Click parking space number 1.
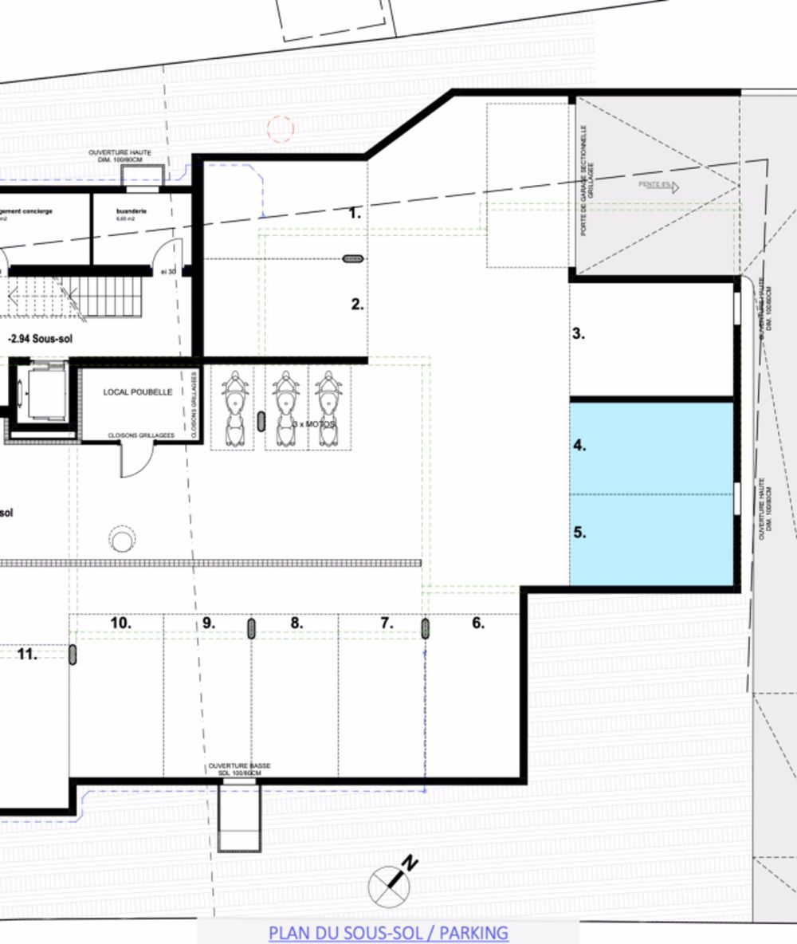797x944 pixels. click(355, 213)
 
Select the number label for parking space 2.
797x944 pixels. click(358, 304)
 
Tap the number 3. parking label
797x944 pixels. click(579, 334)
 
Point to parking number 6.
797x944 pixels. click(478, 623)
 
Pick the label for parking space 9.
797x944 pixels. click(210, 623)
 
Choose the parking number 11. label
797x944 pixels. click(28, 655)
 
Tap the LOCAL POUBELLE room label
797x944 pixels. click(138, 392)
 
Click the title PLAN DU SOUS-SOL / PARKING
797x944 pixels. click(388, 932)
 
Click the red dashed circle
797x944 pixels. click(280, 127)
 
